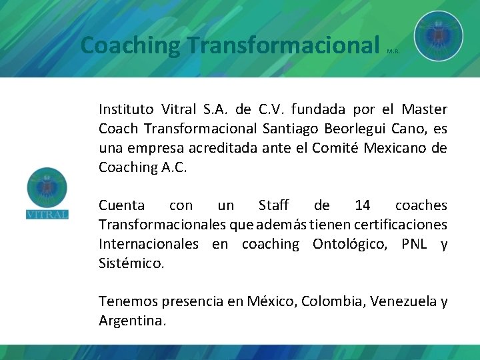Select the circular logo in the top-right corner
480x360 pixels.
click(x=438, y=35)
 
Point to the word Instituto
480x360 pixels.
click(x=126, y=109)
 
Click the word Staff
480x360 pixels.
click(x=273, y=205)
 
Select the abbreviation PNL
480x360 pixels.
click(x=417, y=244)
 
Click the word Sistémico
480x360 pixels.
click(x=131, y=263)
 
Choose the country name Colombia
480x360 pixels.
click(x=329, y=301)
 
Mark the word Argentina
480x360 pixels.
click(x=131, y=321)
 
